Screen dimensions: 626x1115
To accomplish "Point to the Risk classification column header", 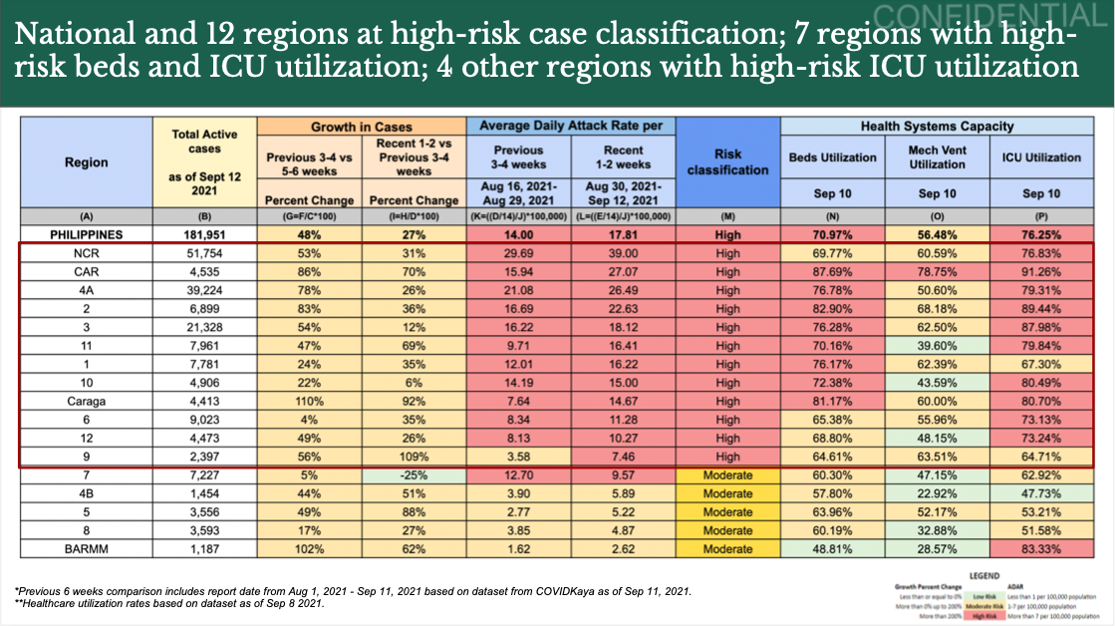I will pos(727,162).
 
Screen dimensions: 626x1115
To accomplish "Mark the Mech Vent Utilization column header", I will pos(937,156).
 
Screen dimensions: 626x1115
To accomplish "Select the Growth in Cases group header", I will pos(362,127).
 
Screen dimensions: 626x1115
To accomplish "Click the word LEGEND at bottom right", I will pos(983,575).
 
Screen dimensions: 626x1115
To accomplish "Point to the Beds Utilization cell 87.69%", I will pos(832,272).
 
